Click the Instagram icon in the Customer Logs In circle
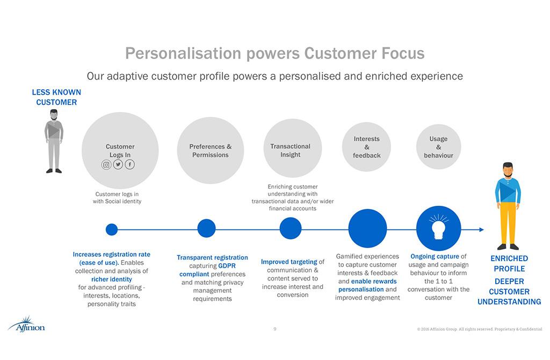tap(106, 165)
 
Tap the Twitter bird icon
tap(118, 165)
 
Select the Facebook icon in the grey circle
tap(130, 165)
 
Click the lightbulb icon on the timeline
tap(438, 228)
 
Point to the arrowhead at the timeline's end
tap(481, 230)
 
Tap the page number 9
tap(275, 329)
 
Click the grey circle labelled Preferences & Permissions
tap(211, 150)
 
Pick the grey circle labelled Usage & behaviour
tap(438, 147)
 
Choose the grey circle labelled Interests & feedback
tap(367, 147)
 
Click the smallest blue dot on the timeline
tap(112, 229)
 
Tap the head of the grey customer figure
tap(54, 114)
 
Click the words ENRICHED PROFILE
tap(509, 263)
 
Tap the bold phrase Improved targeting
tap(289, 262)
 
